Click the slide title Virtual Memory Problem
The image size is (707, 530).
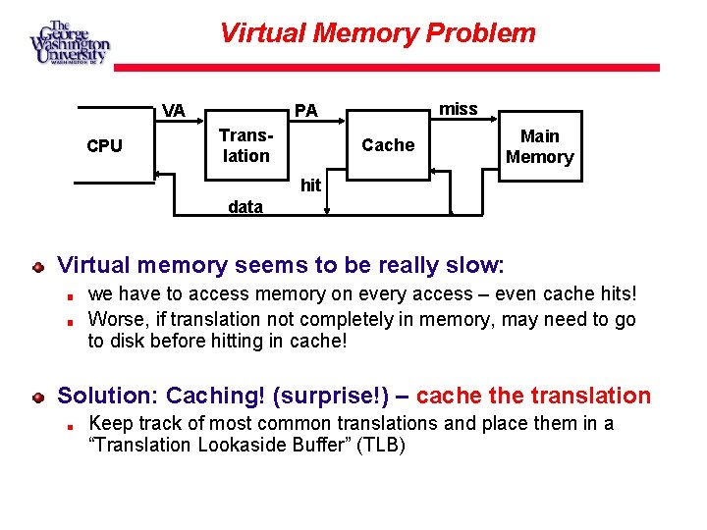tap(378, 33)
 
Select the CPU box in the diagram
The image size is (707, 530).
tap(105, 146)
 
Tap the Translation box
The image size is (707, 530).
tap(245, 145)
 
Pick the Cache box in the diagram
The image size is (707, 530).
tap(388, 145)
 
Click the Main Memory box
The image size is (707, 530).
tap(539, 146)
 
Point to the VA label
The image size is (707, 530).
tap(174, 110)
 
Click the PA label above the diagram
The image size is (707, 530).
tap(306, 110)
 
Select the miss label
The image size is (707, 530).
tap(458, 108)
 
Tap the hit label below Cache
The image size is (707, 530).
tap(310, 185)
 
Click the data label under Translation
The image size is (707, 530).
tap(245, 207)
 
